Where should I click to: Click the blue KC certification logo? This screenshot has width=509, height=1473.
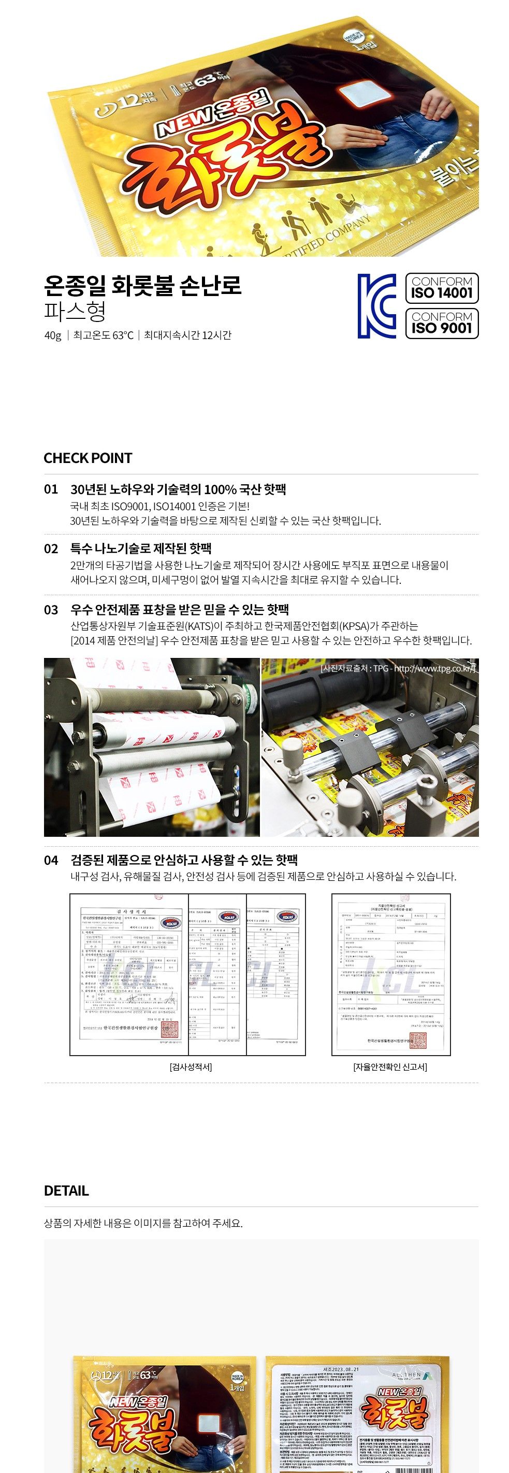[376, 305]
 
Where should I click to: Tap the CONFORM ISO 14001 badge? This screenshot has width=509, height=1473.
[442, 288]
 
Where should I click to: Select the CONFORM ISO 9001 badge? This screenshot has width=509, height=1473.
[442, 322]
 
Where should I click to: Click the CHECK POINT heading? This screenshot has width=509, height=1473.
[88, 457]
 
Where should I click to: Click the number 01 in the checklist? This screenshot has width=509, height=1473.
[51, 489]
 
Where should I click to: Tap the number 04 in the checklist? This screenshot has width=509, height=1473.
[51, 860]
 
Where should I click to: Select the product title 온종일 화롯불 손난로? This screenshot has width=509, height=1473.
[143, 285]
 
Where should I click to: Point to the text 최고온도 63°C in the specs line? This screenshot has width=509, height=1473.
[103, 335]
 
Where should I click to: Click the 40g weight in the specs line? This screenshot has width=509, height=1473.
[52, 335]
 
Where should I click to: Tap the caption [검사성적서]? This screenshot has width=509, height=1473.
[190, 1067]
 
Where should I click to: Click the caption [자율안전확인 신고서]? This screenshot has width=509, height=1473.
[390, 1067]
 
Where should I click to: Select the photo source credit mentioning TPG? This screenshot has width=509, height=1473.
[398, 668]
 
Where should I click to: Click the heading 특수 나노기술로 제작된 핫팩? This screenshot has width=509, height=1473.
[141, 549]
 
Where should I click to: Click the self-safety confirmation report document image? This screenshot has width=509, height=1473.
[391, 974]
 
